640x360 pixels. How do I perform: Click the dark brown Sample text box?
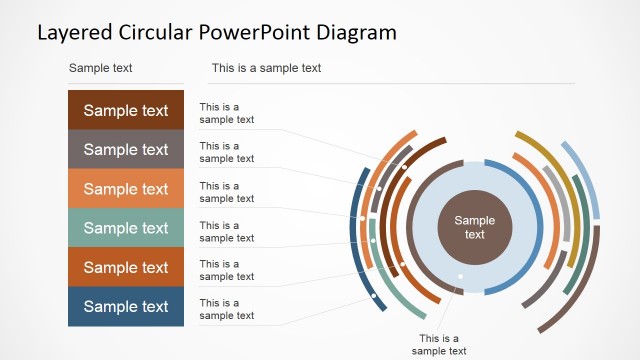(x=126, y=111)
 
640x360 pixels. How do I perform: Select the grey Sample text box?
(x=126, y=150)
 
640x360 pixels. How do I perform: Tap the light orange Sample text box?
(x=126, y=189)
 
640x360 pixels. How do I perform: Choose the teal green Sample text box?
(x=126, y=228)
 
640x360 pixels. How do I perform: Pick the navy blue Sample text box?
(x=126, y=307)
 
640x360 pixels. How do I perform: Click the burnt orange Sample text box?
(x=126, y=268)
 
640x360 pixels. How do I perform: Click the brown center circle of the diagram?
(x=475, y=227)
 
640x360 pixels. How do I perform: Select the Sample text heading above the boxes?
(x=100, y=68)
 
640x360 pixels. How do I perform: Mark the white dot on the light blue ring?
(x=461, y=276)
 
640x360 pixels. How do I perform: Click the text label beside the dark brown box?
(x=226, y=113)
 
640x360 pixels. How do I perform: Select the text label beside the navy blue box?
(x=226, y=309)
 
